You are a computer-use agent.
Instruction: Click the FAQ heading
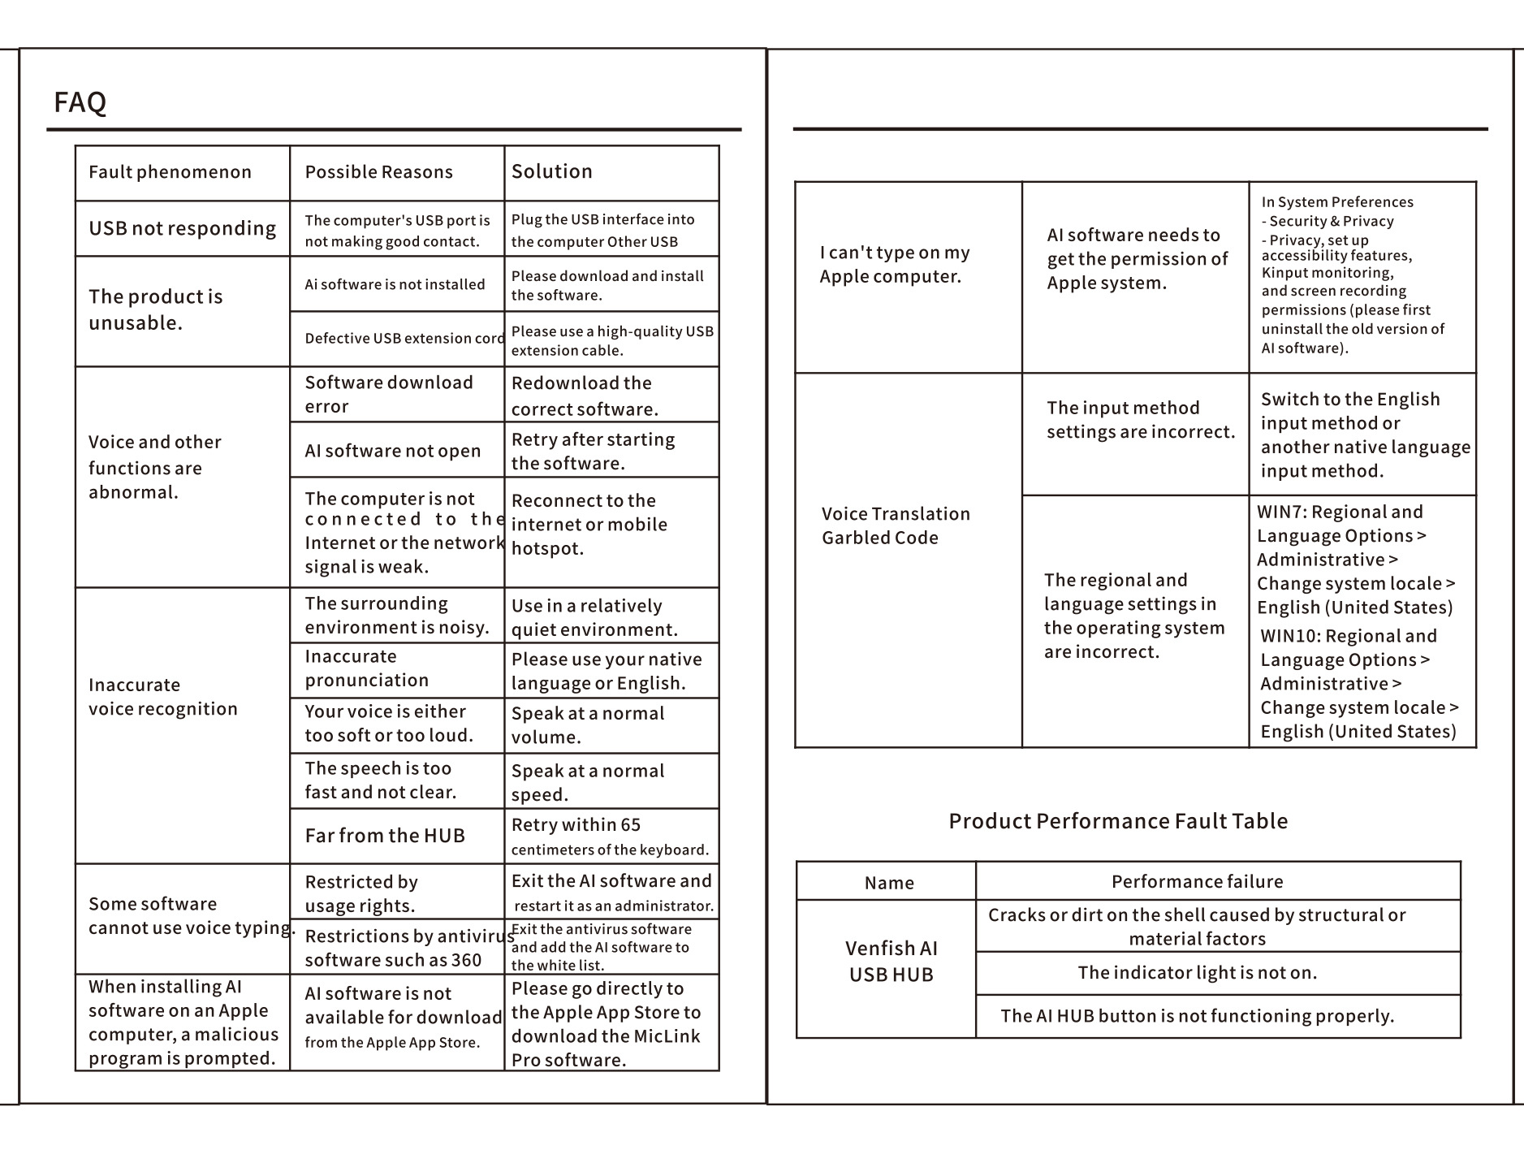click(80, 102)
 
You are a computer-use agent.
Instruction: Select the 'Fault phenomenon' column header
click(170, 172)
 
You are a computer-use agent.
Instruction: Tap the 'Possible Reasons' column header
click(378, 172)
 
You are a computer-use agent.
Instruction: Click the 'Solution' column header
click(551, 171)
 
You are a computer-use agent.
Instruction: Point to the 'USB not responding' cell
click(182, 228)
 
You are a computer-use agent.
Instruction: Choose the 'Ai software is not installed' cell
click(395, 284)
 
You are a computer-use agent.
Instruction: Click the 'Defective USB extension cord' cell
click(404, 339)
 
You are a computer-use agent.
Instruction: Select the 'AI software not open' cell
click(392, 451)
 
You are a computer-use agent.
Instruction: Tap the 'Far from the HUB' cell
click(385, 836)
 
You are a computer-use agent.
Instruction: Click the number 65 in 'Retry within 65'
click(630, 825)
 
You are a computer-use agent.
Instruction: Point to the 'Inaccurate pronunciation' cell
click(367, 668)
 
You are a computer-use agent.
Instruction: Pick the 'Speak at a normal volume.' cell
click(587, 725)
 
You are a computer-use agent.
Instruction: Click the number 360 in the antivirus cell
click(466, 960)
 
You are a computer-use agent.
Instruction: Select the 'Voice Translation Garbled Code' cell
click(896, 525)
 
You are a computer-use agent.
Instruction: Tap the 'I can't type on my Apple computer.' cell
click(894, 264)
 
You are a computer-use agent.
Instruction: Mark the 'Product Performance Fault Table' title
click(1118, 821)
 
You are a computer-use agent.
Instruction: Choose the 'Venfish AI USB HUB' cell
click(891, 961)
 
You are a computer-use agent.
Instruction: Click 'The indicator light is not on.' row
click(1197, 973)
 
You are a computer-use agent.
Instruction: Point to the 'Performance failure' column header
click(1197, 881)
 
